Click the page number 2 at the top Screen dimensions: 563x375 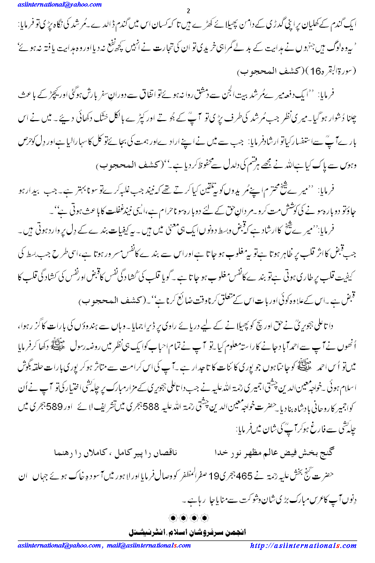coord(188,10)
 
